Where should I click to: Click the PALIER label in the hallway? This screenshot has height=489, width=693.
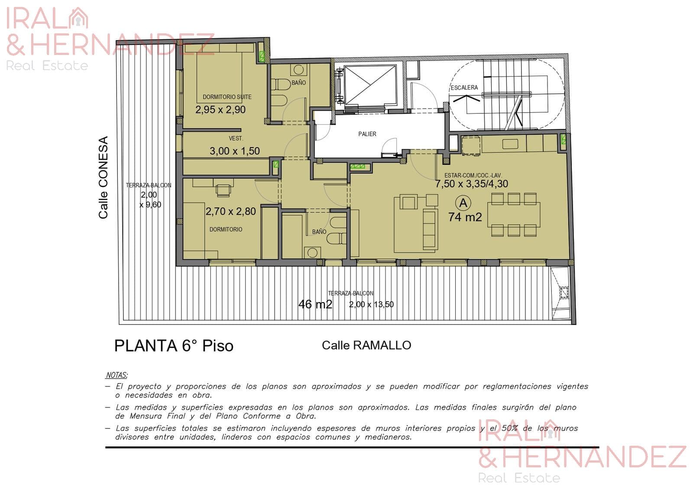point(367,134)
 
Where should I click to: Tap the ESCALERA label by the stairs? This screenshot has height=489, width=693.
point(464,87)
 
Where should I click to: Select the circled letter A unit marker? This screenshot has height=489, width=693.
point(463,203)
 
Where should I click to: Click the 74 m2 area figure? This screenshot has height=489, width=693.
point(465,217)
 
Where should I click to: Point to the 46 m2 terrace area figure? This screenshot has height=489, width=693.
point(315,304)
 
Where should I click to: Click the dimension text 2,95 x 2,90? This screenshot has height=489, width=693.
point(220,109)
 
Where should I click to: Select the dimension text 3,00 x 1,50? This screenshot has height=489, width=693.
point(234,151)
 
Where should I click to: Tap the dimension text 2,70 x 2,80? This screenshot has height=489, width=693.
point(231,212)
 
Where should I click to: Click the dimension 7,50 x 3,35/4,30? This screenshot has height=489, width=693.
point(472,183)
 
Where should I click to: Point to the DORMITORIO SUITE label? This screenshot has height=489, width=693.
point(227,97)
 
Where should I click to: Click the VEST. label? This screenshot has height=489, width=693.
point(236,138)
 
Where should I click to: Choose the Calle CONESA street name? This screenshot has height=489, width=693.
point(104,177)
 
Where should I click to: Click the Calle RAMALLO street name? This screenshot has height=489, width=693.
point(366,345)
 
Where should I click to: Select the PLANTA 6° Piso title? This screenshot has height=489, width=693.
point(174,346)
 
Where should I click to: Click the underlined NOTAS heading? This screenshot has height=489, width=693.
point(117,375)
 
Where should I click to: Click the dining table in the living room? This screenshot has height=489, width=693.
point(514,215)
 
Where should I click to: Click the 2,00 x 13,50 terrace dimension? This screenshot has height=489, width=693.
point(371,305)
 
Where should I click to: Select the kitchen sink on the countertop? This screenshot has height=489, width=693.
point(510,144)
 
